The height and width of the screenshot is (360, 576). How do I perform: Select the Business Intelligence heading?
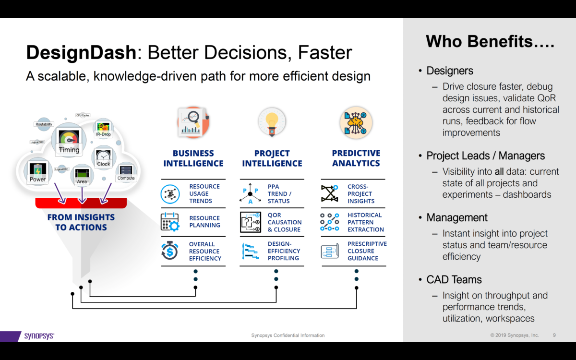[x=193, y=158]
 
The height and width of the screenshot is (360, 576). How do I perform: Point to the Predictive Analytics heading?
[x=356, y=158]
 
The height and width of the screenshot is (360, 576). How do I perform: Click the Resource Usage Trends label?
[x=204, y=194]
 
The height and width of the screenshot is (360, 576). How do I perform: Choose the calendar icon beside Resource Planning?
[x=169, y=222]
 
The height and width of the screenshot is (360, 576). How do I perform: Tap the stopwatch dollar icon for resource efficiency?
[x=169, y=251]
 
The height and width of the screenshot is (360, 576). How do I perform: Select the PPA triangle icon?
[x=250, y=194]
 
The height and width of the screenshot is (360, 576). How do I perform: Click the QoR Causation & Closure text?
[x=285, y=222]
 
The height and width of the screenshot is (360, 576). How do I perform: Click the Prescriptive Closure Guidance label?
[x=367, y=251]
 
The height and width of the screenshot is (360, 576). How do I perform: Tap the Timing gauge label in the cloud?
[x=69, y=150]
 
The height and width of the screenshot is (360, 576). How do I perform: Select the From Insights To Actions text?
[x=81, y=222]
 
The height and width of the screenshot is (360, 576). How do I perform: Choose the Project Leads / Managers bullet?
[x=485, y=156]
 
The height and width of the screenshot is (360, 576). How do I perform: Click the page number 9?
[x=554, y=335]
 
